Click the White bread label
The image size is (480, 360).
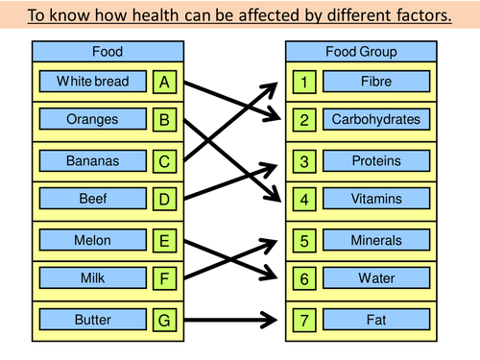click(93, 82)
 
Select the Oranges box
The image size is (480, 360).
click(93, 121)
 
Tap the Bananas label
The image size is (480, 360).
click(93, 160)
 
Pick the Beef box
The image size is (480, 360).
click(93, 200)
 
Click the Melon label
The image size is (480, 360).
click(93, 239)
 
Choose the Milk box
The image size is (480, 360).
click(93, 278)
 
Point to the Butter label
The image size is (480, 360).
click(93, 319)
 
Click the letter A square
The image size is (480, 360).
click(165, 82)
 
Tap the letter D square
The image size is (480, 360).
click(165, 200)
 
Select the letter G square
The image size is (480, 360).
click(165, 319)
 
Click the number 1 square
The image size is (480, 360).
click(304, 82)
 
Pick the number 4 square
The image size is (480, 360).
click(304, 200)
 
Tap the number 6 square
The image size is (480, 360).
click(304, 278)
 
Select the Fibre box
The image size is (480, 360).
click(375, 82)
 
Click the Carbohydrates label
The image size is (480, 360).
click(375, 121)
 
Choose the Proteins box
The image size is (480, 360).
click(375, 160)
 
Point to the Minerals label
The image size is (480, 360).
click(375, 239)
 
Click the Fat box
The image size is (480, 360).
click(375, 319)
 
